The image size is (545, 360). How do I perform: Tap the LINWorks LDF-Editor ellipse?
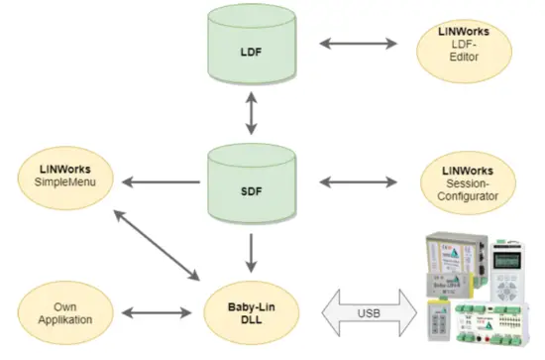point(462,47)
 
